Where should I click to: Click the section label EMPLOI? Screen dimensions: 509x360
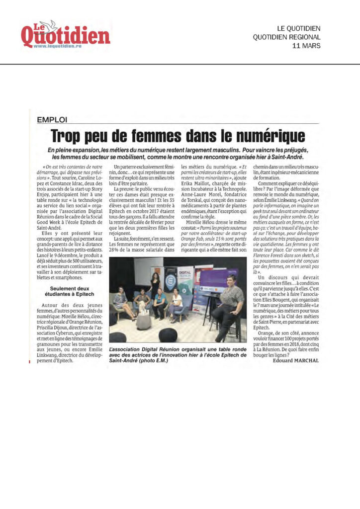pos(52,120)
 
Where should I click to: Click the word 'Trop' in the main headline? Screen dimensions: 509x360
pos(69,135)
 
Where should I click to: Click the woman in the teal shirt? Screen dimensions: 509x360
pos(160,303)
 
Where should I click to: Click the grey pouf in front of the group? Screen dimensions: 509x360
pos(143,322)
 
